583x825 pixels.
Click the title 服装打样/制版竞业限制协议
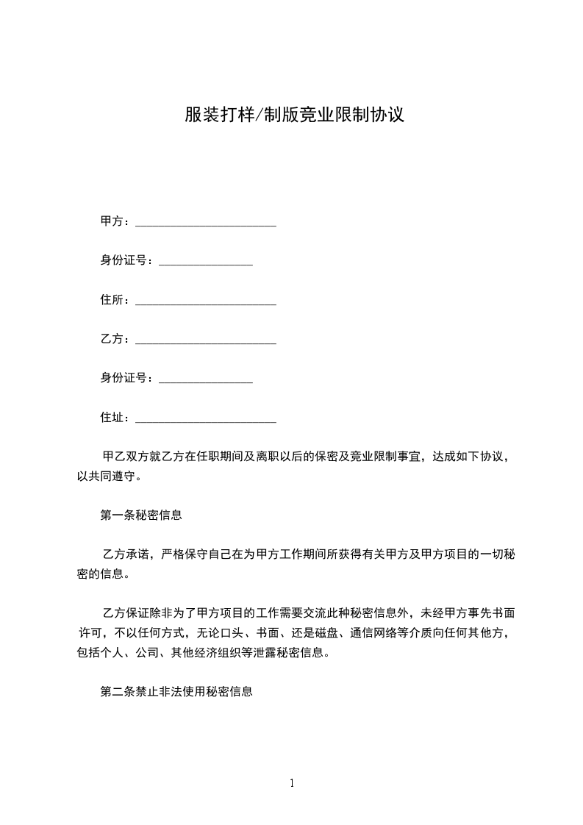pyautogui.click(x=294, y=115)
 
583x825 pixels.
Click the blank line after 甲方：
pyautogui.click(x=206, y=224)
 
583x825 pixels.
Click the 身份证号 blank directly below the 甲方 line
pyautogui.click(x=206, y=262)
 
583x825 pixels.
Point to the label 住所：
pyautogui.click(x=116, y=300)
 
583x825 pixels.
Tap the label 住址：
pyautogui.click(x=116, y=418)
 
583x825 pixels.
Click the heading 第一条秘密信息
pyautogui.click(x=141, y=515)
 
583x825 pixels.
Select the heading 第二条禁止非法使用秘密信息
pyautogui.click(x=176, y=692)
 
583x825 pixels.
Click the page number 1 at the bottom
pyautogui.click(x=292, y=783)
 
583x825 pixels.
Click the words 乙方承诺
pyautogui.click(x=129, y=554)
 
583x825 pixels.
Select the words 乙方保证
pyautogui.click(x=129, y=613)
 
